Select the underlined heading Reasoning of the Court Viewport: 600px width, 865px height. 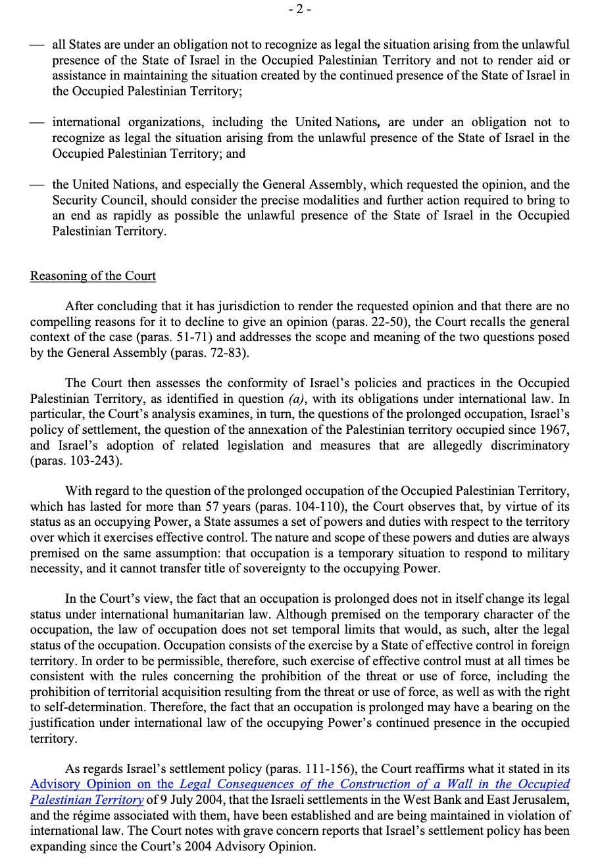[x=93, y=275]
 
